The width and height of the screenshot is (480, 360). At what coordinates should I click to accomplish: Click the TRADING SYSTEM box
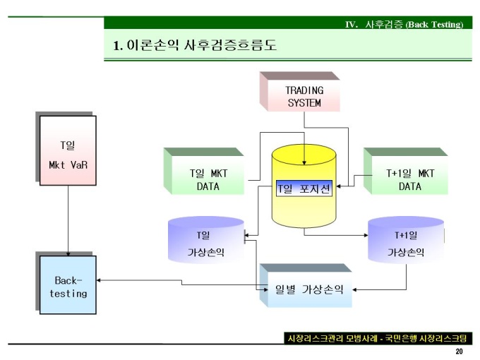tap(304, 97)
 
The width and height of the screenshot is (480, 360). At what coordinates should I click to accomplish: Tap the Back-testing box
tap(68, 286)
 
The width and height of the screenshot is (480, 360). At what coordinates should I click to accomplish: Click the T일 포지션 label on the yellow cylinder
tap(304, 188)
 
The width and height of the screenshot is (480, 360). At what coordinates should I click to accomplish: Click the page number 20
tap(460, 352)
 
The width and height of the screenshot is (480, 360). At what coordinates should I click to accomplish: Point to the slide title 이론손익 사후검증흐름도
tap(195, 46)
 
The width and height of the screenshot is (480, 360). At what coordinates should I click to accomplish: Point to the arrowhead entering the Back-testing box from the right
tap(100, 280)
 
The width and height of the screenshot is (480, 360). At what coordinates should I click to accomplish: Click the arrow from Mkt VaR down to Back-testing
tap(68, 219)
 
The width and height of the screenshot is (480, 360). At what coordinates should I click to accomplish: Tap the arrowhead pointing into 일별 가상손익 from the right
tap(355, 289)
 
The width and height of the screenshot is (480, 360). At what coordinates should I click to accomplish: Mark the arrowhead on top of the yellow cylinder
tap(304, 160)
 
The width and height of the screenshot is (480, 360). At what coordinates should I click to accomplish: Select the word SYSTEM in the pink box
tap(304, 103)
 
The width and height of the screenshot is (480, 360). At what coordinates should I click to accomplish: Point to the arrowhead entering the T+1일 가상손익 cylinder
tap(365, 236)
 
